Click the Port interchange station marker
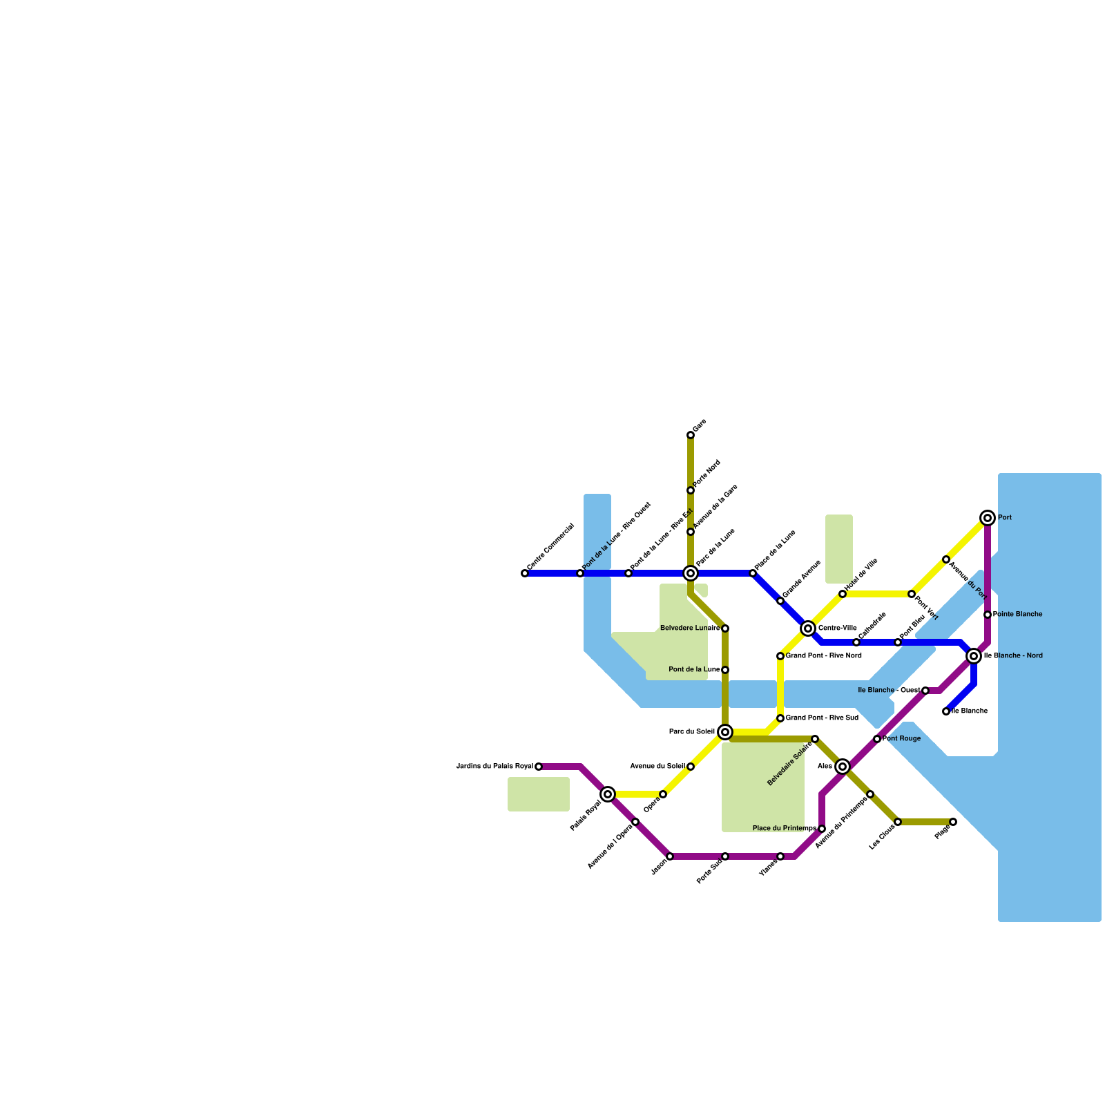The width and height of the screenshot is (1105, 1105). (988, 518)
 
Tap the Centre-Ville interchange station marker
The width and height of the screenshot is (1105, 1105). (808, 628)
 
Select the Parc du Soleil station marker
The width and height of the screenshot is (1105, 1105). (725, 732)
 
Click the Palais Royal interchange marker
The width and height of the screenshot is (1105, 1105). (608, 794)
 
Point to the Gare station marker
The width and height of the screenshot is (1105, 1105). (691, 435)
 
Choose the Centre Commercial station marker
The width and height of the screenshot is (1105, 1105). (525, 573)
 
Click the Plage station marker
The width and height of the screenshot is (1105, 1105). (953, 822)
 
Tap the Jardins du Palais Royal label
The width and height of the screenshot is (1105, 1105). (494, 767)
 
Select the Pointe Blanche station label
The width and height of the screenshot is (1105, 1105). (1017, 615)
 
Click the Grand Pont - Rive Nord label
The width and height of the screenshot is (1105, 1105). (823, 656)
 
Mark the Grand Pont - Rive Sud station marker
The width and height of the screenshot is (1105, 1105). (780, 718)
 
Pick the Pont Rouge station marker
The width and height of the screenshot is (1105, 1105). (877, 739)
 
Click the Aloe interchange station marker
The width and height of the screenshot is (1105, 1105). (843, 767)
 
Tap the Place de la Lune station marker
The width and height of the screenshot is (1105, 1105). (753, 573)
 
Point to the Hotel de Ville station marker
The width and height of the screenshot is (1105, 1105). (843, 594)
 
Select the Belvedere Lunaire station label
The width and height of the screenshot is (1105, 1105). (690, 628)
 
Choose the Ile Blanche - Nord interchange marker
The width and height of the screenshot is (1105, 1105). (974, 656)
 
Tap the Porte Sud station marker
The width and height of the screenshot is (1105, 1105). (725, 856)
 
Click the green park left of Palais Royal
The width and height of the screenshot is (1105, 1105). (539, 794)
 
